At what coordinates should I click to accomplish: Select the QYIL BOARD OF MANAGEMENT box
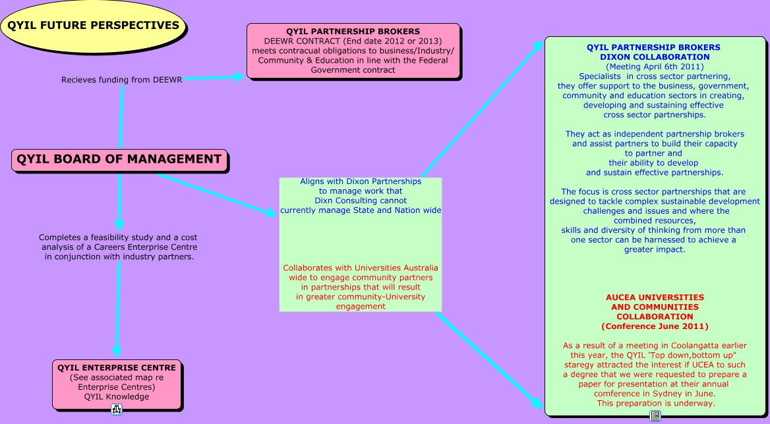tap(119, 160)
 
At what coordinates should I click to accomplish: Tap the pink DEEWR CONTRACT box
tap(353, 51)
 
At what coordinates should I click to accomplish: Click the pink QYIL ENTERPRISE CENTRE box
tap(117, 384)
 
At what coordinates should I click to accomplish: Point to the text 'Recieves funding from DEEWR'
tap(122, 80)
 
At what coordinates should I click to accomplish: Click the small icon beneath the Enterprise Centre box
tap(117, 409)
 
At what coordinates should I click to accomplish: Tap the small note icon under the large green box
tap(655, 416)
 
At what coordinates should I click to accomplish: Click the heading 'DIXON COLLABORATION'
tap(655, 57)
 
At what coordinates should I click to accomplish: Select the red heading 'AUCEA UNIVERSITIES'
tap(655, 297)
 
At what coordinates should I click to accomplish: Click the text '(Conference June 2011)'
tap(655, 326)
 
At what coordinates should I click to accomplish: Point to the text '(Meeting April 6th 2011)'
tap(655, 67)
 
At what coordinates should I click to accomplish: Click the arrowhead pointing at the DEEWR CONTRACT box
tap(240, 76)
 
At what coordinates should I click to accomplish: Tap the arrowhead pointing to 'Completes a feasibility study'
tap(119, 226)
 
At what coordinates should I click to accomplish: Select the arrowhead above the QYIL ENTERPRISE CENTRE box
tap(117, 351)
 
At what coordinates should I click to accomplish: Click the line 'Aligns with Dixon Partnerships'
tap(361, 181)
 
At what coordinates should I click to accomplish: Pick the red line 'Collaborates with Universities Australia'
tap(361, 268)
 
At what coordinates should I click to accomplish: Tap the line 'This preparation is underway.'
tap(655, 404)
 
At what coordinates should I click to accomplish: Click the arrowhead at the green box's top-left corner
tap(538, 46)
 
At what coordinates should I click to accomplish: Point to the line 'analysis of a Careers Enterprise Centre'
tap(119, 247)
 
